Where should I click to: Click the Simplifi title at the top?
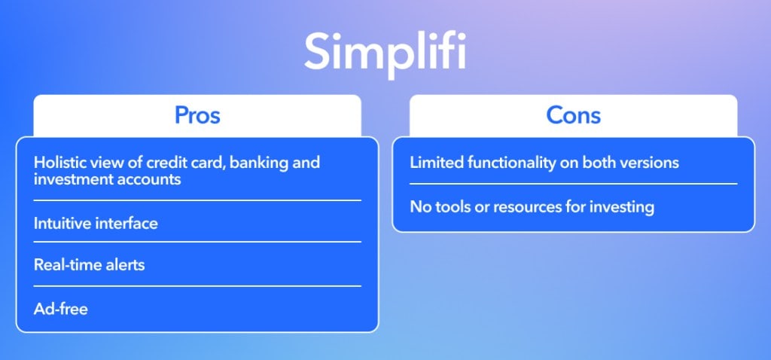point(385,54)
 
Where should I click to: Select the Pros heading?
point(197,115)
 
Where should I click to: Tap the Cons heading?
point(573,115)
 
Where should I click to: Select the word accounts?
point(149,179)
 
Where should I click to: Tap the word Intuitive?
point(62,223)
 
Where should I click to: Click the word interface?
point(126,223)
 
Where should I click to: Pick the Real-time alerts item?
point(90,265)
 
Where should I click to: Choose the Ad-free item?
point(61,310)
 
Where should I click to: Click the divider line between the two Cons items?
point(573,184)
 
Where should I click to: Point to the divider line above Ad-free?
point(197,285)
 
